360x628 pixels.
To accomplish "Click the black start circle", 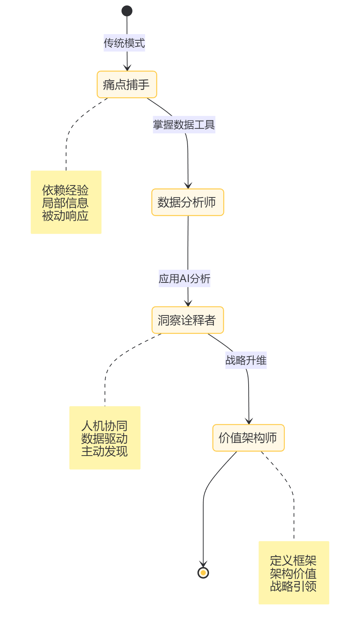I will (127, 11).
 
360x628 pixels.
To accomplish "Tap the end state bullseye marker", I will (203, 573).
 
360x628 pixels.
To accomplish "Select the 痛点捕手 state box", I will (127, 85).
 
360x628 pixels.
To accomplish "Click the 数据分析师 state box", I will (188, 202).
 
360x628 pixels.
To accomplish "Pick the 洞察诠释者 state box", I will (188, 320).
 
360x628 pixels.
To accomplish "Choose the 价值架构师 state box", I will (248, 438).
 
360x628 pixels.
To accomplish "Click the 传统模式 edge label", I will (124, 43).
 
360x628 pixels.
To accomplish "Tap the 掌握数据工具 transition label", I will (184, 125).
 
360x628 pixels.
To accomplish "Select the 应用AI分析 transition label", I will (184, 278).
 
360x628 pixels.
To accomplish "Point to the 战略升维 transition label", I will (246, 360).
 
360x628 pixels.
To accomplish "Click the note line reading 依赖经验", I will (65, 190).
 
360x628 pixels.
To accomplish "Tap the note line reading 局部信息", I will (65, 203).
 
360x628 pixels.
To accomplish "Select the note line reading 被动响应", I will (65, 216).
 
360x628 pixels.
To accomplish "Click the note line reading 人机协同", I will (105, 425).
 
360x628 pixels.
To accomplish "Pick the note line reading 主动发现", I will (105, 451).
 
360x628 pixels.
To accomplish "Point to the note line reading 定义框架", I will (293, 560).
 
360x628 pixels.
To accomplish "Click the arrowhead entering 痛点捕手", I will (127, 68).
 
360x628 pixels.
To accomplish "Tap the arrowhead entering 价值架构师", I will (249, 421).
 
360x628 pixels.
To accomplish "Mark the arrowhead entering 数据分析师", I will (188, 186).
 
